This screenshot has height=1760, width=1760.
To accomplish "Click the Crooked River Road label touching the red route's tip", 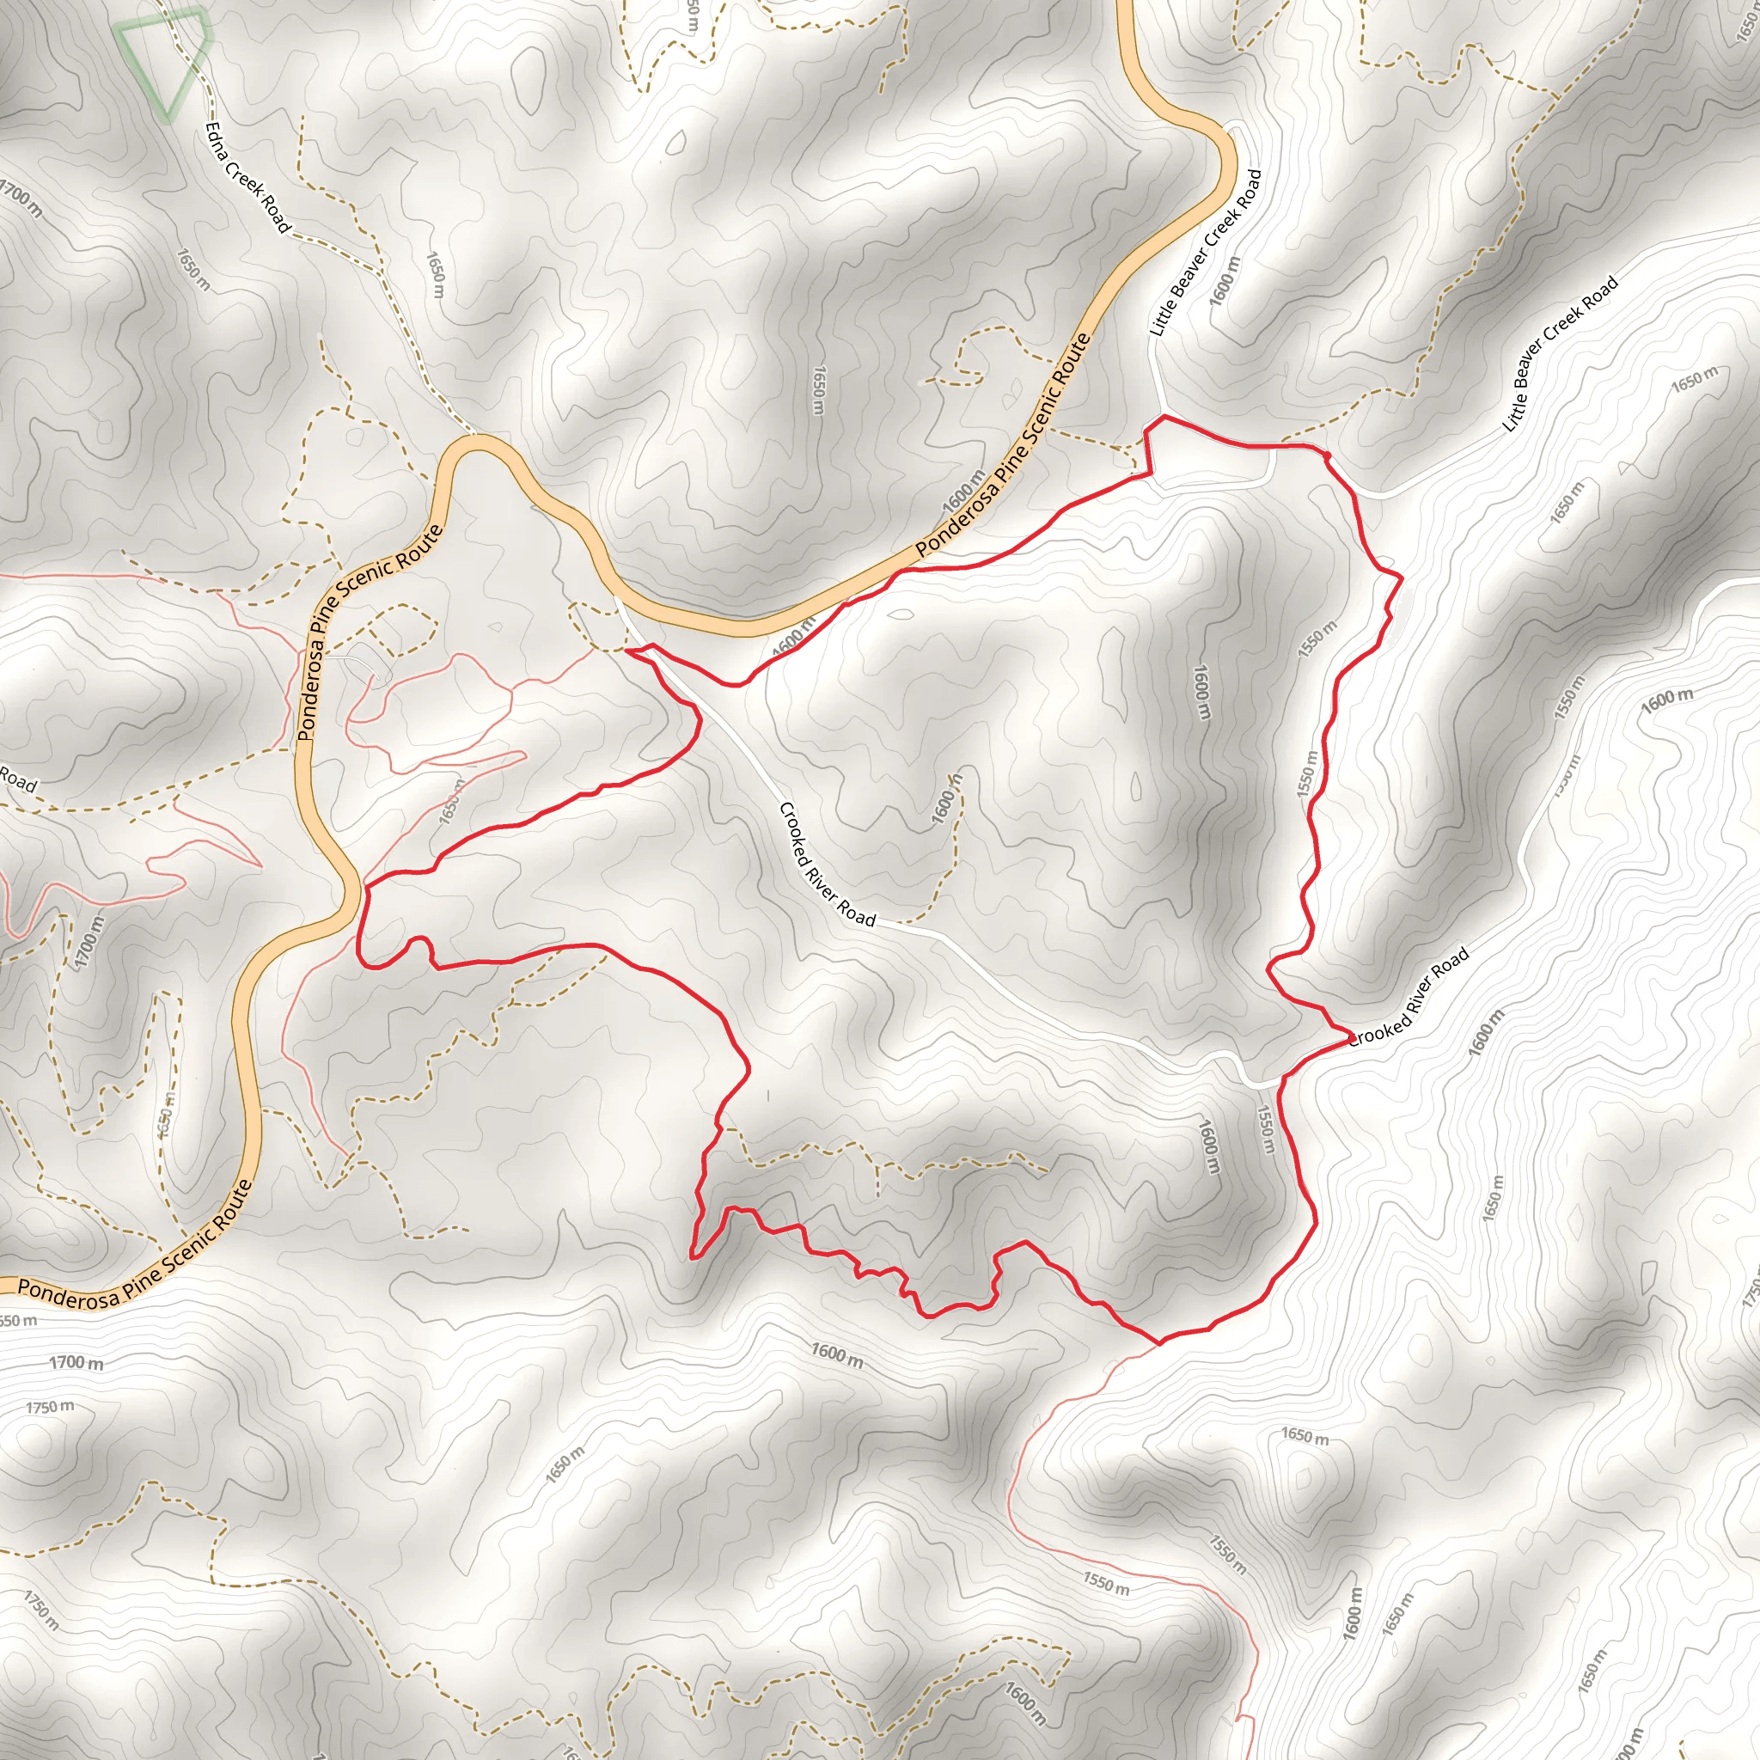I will click(1409, 998).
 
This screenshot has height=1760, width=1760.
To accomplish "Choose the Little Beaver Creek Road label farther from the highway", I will click(1560, 353).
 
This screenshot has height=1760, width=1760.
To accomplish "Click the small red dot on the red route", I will click(1326, 455).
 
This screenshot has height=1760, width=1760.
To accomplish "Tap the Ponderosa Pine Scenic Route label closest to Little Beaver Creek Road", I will click(1003, 445).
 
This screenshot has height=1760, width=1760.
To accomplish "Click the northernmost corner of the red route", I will click(1164, 416).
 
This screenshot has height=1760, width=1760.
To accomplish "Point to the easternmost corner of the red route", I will click(1400, 576).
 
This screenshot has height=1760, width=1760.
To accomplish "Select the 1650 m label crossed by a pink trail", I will click(452, 802).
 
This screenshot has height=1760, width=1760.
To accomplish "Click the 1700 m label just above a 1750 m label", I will click(76, 1363).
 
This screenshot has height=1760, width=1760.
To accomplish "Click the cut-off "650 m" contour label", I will click(18, 1321).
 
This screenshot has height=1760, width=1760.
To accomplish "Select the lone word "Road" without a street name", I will click(18, 779).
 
